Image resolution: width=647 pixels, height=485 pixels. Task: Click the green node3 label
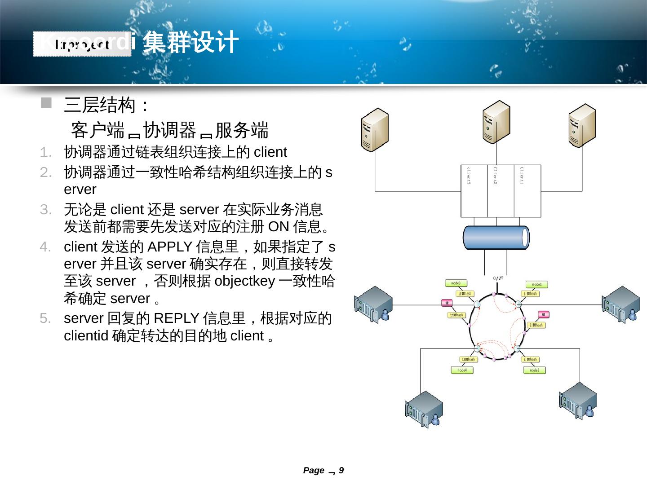[456, 283]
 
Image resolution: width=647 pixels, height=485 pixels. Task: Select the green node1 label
[537, 284]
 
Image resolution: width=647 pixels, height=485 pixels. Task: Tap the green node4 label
[462, 370]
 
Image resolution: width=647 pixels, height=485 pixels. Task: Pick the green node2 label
[534, 370]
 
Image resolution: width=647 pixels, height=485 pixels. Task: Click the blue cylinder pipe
[496, 237]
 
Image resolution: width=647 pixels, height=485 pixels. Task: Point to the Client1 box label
[522, 175]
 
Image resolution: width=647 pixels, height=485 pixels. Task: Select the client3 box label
[469, 176]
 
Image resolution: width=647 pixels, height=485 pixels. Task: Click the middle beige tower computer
[496, 122]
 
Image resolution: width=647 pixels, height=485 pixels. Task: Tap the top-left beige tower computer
[375, 130]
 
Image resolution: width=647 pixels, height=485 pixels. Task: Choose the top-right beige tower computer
[582, 125]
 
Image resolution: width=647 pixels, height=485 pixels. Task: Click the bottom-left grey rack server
[424, 409]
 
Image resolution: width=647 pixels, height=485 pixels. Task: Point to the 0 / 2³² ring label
[498, 278]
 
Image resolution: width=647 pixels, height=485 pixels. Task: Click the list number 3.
[45, 209]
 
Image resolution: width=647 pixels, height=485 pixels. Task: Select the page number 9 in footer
[341, 470]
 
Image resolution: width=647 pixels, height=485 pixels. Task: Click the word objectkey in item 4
[245, 281]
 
